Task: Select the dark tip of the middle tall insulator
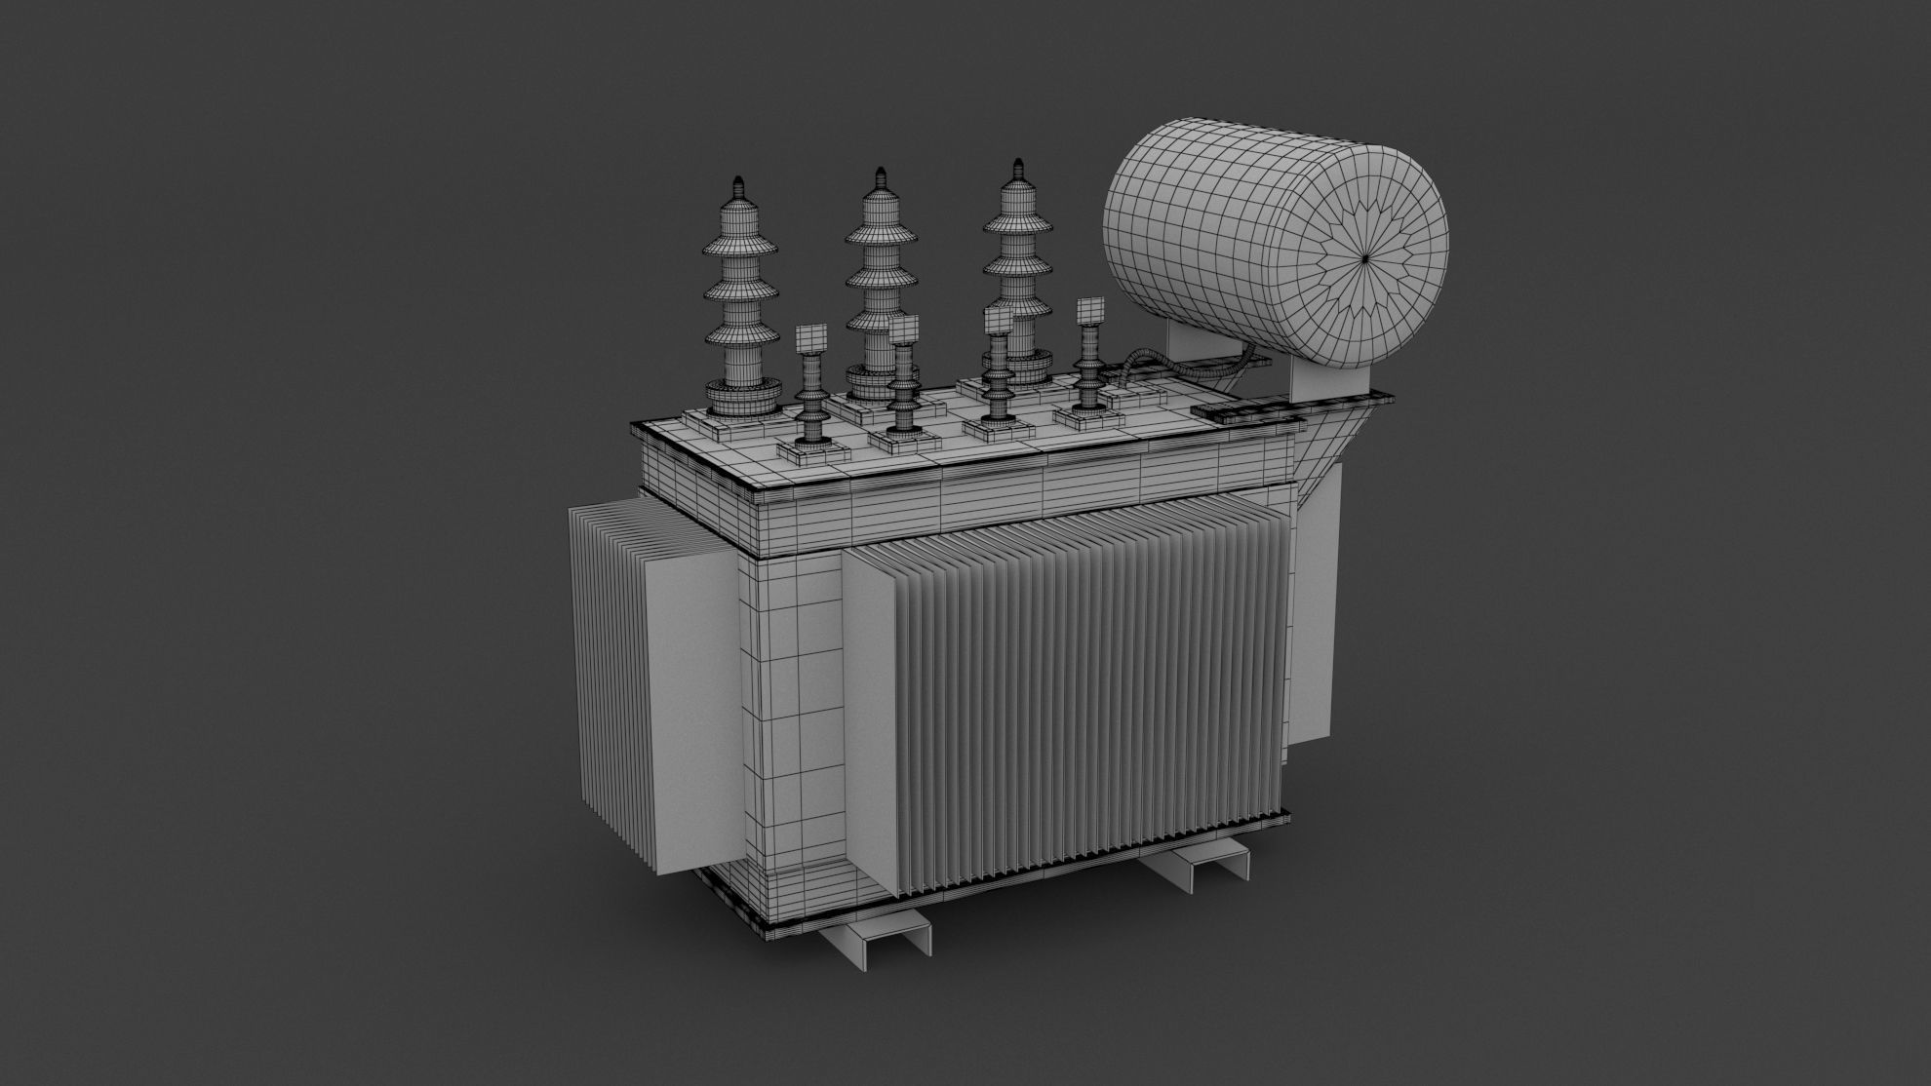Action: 880,175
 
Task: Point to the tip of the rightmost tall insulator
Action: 1017,164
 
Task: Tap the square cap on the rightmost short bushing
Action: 1088,311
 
